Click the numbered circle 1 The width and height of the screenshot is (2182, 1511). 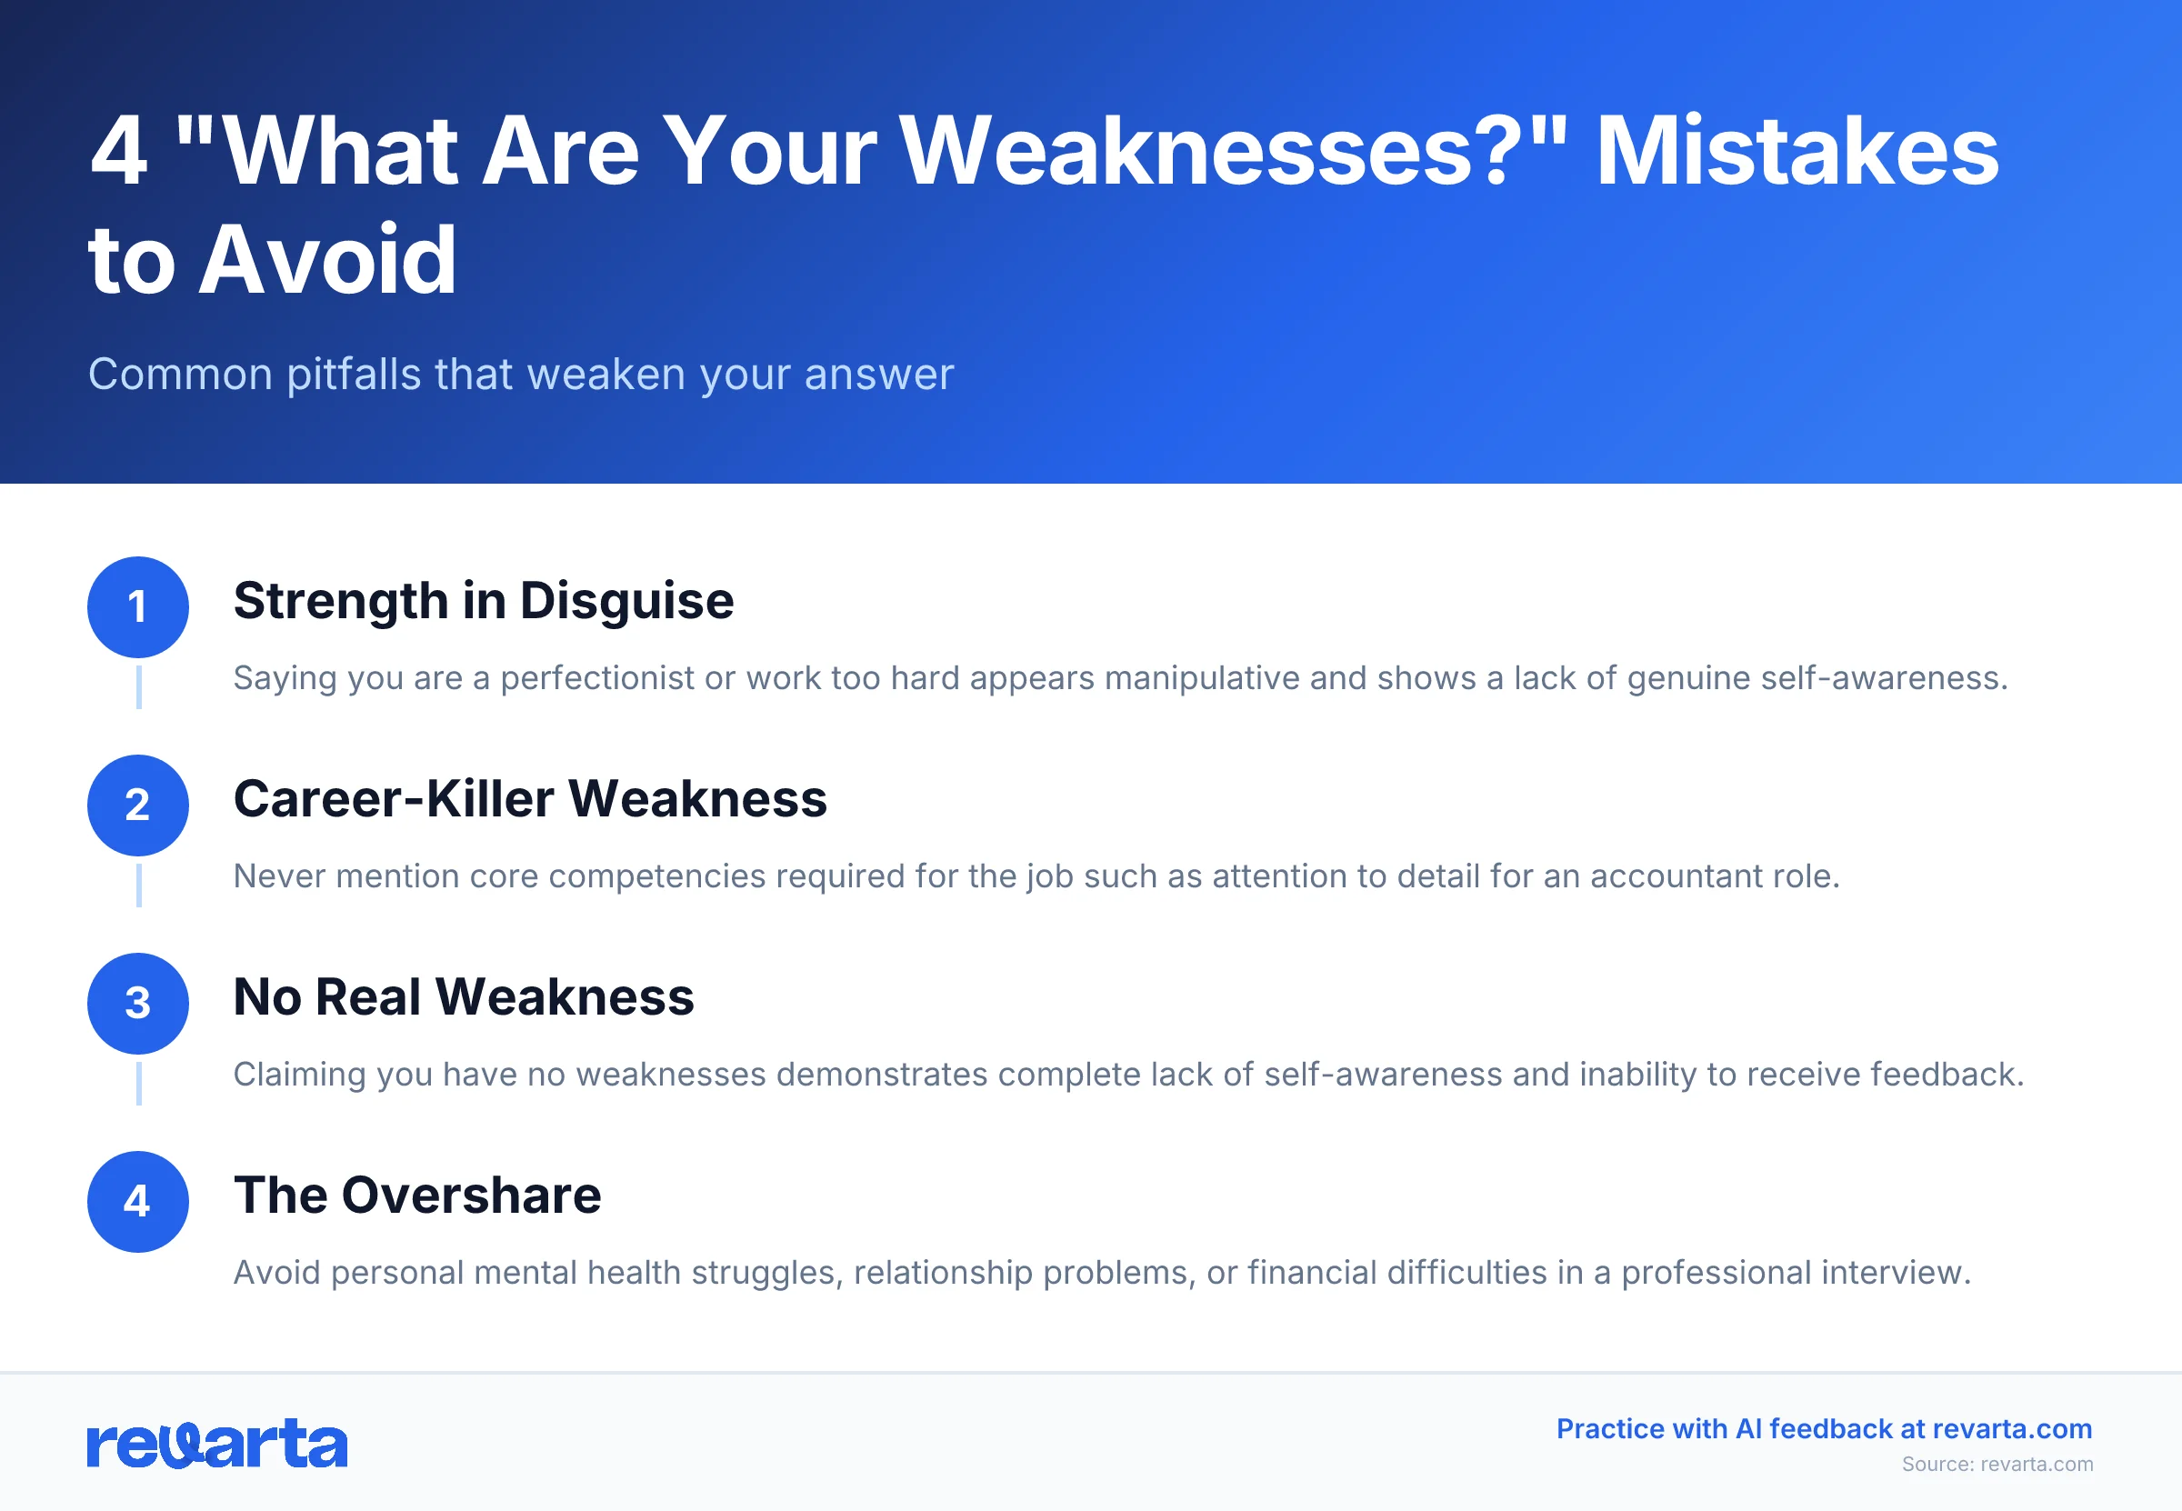point(138,607)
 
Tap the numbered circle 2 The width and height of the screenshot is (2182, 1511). point(138,806)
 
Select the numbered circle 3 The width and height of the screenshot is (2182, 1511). point(138,1004)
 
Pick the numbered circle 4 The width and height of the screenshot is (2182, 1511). point(138,1201)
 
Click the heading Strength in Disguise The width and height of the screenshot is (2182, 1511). point(483,601)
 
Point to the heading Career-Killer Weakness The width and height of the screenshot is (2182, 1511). point(530,799)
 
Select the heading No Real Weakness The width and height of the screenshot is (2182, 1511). point(464,997)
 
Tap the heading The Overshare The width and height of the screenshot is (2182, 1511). point(417,1195)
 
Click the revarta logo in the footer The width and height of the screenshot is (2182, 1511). point(216,1444)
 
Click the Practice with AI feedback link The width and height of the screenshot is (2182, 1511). point(1823,1428)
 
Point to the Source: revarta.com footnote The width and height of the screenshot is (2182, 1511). point(1997,1464)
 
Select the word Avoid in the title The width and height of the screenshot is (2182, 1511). point(327,259)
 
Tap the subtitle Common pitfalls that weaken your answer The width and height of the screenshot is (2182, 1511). point(521,374)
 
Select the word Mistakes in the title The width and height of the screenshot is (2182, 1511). point(1797,152)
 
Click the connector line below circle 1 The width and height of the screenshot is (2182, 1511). point(139,687)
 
